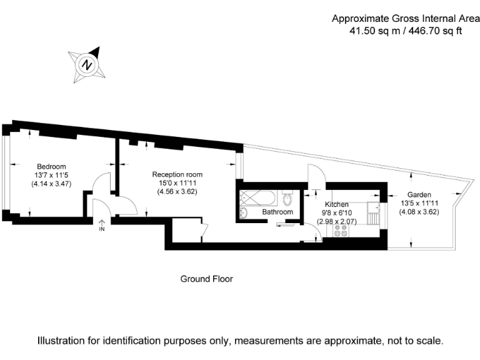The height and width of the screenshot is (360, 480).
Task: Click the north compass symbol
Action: pyautogui.click(x=87, y=64)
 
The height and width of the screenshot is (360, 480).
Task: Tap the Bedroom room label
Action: pyautogui.click(x=51, y=166)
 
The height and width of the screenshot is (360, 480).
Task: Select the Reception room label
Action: pyautogui.click(x=177, y=174)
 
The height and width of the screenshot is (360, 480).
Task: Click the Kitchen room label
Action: pyautogui.click(x=336, y=204)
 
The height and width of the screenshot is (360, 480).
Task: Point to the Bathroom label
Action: pyautogui.click(x=277, y=212)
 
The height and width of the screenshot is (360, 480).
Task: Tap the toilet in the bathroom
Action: pyautogui.click(x=287, y=199)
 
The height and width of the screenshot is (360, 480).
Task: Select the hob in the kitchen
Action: pyautogui.click(x=341, y=230)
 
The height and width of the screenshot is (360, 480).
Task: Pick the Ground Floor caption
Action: pyautogui.click(x=206, y=279)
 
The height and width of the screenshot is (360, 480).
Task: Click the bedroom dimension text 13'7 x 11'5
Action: pyautogui.click(x=51, y=176)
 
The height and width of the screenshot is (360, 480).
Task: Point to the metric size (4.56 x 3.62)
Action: pyautogui.click(x=177, y=192)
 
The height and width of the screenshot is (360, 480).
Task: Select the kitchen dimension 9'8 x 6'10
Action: pyautogui.click(x=336, y=213)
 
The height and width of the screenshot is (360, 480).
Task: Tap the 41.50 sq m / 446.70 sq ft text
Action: pyautogui.click(x=396, y=30)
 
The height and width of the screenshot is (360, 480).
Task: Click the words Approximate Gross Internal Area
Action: pyautogui.click(x=396, y=19)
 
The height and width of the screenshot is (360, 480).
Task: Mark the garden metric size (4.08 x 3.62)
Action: pyautogui.click(x=419, y=211)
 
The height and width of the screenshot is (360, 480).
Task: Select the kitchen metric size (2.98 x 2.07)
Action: pyautogui.click(x=336, y=222)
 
